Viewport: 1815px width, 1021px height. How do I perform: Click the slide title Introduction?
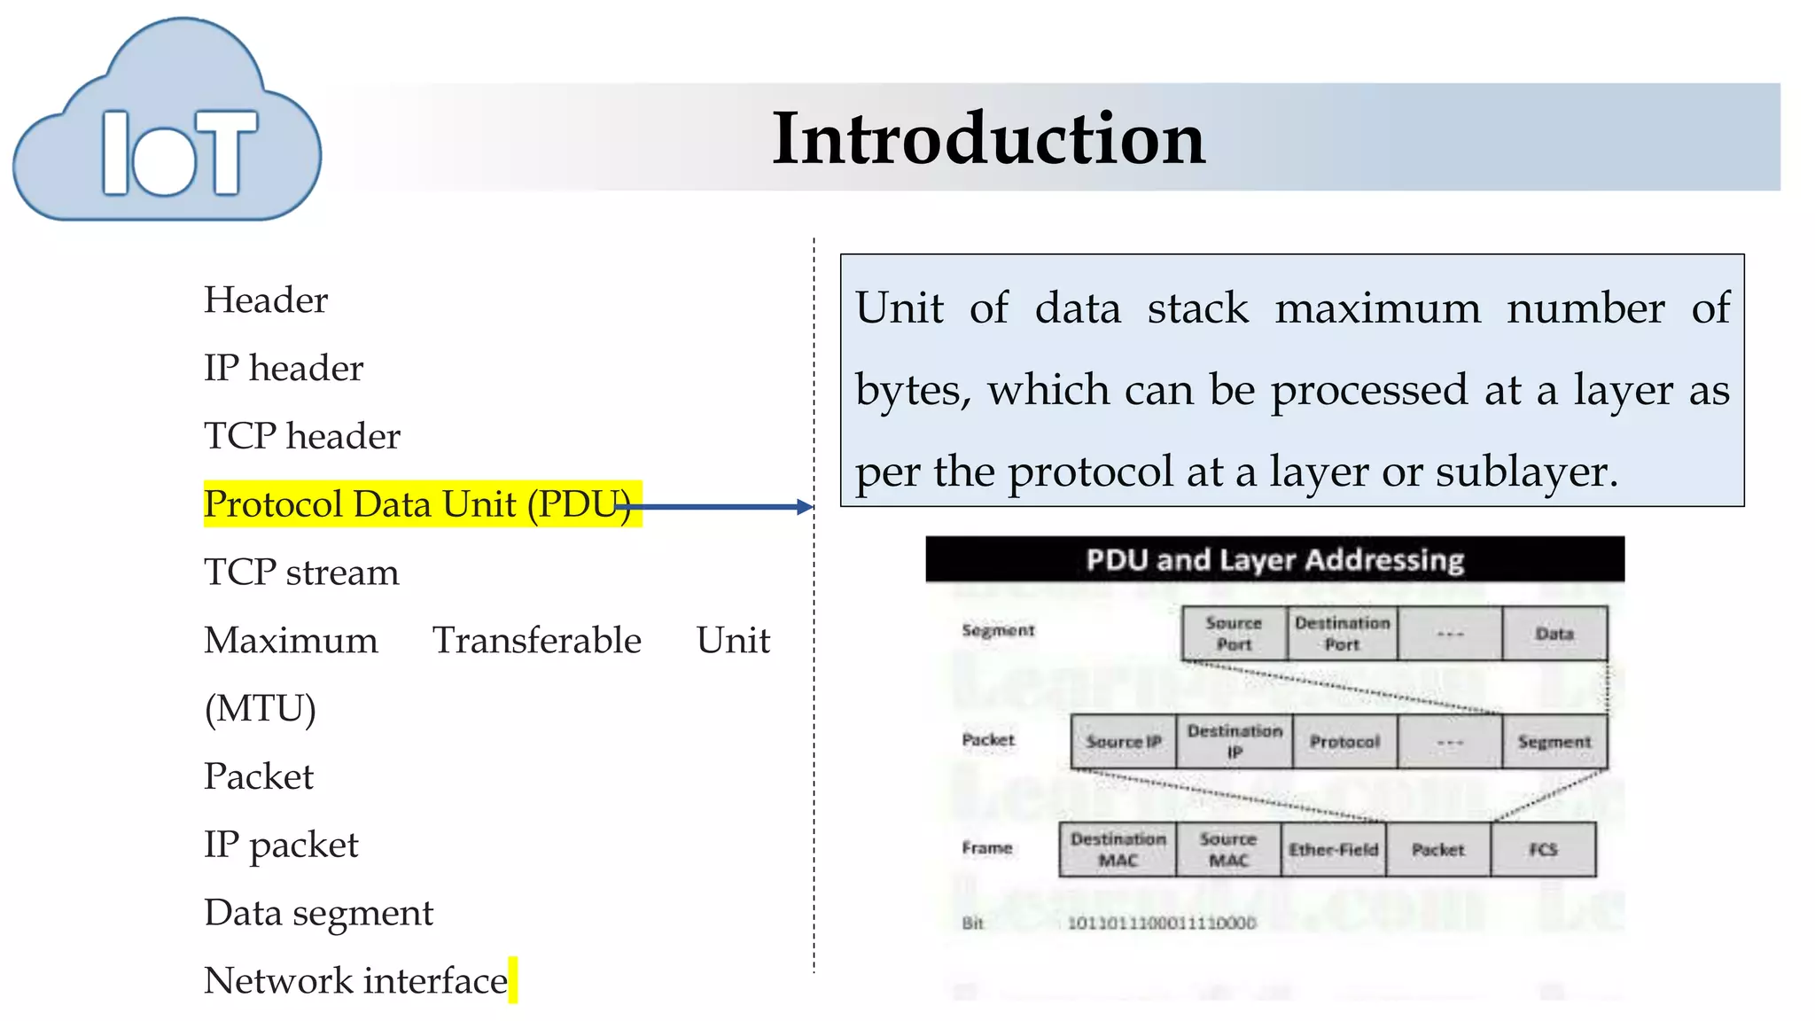point(988,138)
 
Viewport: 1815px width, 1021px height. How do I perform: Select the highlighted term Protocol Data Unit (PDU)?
point(417,504)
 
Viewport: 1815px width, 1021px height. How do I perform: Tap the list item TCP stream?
point(301,573)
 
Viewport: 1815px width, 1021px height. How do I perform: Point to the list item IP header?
point(284,369)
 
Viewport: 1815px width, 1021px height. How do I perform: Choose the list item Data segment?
point(318,913)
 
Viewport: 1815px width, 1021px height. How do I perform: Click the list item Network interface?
point(355,981)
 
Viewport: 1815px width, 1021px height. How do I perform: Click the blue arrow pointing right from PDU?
point(718,507)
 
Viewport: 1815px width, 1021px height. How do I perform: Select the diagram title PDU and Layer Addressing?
point(1274,560)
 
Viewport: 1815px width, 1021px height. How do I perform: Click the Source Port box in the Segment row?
point(1234,634)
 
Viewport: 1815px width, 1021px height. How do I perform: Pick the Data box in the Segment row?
point(1554,634)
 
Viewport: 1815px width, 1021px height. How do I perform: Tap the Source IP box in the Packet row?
point(1123,742)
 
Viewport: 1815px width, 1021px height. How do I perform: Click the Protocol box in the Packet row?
point(1344,742)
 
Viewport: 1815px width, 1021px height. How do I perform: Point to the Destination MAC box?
point(1118,849)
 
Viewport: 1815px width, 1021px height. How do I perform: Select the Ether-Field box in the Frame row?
point(1333,849)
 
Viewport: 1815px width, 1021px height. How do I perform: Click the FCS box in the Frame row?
point(1543,849)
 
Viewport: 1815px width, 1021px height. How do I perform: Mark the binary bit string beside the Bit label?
point(1161,924)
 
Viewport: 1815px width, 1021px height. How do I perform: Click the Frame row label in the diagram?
point(986,848)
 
